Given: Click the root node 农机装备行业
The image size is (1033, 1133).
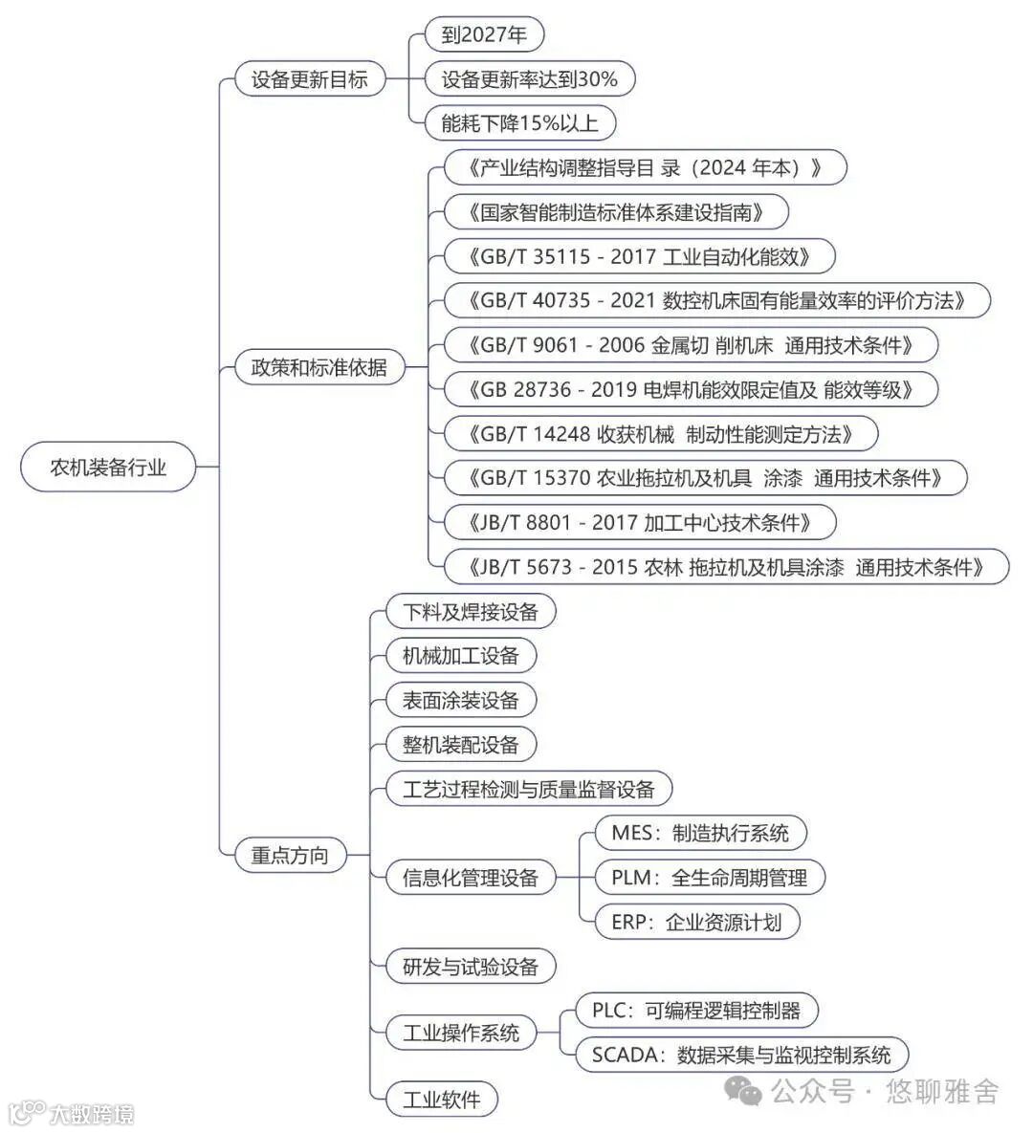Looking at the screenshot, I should pos(108,468).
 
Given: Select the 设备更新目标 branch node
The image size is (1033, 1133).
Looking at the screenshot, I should pos(309,79).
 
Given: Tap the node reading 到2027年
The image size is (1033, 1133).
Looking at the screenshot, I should pos(484,35).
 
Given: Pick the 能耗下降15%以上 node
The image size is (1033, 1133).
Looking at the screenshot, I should pos(519,123).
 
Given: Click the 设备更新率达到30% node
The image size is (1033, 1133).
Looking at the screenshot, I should pos(529,79).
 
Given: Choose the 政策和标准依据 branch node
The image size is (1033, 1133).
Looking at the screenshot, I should pos(319,367).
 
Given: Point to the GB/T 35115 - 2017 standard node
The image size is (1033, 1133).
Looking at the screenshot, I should pos(640,256).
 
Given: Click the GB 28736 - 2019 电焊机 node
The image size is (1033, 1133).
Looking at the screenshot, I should pos(691,389).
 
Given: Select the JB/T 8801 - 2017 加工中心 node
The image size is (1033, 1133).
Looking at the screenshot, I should pos(640,522).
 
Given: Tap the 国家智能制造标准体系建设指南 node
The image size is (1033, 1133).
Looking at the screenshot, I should pos(616,211).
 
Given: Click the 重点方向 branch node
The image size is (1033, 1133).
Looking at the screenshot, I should pos(289,855).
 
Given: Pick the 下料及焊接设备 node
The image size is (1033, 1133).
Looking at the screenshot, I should pos(471,611).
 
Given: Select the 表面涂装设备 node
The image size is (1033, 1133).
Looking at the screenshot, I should pos(460,700).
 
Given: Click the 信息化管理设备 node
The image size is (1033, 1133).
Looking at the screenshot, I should pos(471,878).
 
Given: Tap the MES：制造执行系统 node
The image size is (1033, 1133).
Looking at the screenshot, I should pos(700,833).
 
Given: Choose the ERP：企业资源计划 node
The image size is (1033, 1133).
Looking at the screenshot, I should pos(696,922).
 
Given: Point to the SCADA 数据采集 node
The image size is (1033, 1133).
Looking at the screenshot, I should pos(741,1055).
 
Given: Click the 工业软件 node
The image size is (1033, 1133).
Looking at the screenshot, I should pos(442,1099).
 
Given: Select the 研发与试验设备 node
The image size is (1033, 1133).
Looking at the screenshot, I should pos(471,967).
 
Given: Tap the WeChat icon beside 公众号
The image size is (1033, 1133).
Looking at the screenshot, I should pos(743,1091).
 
